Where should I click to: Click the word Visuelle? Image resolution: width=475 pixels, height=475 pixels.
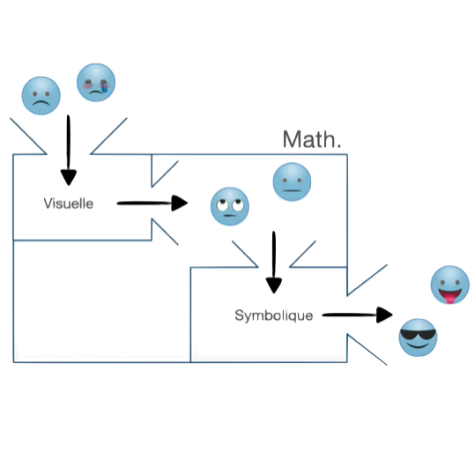pos(69,204)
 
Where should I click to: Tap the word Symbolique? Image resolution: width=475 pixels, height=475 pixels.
pos(274,315)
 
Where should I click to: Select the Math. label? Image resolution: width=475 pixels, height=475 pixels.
pos(312,139)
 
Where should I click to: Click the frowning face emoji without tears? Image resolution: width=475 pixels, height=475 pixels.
pos(41,96)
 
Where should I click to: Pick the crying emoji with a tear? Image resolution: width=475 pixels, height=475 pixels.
pos(96,83)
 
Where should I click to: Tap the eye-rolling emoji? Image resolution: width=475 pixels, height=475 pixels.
pos(230,206)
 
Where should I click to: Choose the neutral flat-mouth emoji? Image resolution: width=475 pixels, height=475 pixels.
pos(292,182)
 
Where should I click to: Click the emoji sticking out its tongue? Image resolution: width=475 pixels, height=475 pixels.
pos(450,285)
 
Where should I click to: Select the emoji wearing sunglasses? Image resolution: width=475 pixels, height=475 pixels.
pos(418,338)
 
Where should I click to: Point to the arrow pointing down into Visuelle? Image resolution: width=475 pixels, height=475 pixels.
pos(69,150)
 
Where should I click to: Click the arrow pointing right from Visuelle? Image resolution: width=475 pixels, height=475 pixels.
pos(152,203)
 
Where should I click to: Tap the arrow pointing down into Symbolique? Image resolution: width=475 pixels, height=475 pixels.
pos(274,263)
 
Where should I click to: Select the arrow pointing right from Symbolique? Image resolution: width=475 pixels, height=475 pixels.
pos(358,315)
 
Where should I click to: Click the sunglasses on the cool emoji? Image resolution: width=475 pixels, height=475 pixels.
pos(418,335)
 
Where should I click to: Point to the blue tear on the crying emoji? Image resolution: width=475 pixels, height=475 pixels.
pos(105,88)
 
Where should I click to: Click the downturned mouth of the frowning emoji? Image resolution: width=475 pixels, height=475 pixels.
pos(41,103)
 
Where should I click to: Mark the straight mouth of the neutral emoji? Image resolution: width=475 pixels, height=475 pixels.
pos(292,190)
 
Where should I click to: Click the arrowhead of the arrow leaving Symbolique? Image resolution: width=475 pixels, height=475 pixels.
pos(385,315)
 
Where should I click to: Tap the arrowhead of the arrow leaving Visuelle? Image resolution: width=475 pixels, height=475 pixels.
pos(180,203)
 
